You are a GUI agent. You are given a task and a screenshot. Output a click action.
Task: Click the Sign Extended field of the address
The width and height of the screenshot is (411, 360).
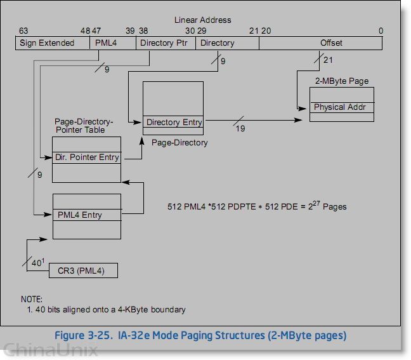[47, 43]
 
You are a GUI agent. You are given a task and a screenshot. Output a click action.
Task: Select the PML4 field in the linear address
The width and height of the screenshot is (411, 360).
[106, 43]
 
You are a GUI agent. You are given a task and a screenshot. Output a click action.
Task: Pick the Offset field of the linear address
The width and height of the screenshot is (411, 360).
[331, 43]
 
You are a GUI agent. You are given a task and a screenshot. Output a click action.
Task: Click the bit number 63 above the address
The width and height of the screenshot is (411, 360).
[23, 31]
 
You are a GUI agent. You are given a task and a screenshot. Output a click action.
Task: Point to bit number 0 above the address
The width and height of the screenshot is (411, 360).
[380, 31]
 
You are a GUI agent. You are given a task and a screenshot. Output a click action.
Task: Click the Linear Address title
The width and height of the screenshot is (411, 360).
[203, 20]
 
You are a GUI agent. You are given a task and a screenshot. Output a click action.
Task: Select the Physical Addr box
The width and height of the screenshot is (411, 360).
[341, 107]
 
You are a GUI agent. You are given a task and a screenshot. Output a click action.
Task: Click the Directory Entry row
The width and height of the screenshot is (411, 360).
[173, 123]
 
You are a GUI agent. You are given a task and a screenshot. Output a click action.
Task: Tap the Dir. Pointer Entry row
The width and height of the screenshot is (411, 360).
[87, 157]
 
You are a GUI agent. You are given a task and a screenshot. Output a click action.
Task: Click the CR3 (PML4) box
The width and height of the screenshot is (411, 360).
[83, 271]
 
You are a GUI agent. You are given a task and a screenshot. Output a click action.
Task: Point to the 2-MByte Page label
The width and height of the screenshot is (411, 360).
[341, 81]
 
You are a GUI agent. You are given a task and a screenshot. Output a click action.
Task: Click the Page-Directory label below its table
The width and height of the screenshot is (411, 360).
[179, 143]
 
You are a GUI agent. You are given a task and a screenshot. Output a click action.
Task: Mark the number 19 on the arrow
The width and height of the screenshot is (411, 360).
[240, 130]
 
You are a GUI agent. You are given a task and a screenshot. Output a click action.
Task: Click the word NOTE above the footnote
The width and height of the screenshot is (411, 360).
[31, 299]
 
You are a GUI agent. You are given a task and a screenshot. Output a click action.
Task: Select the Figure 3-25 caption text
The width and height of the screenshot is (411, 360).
[200, 335]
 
